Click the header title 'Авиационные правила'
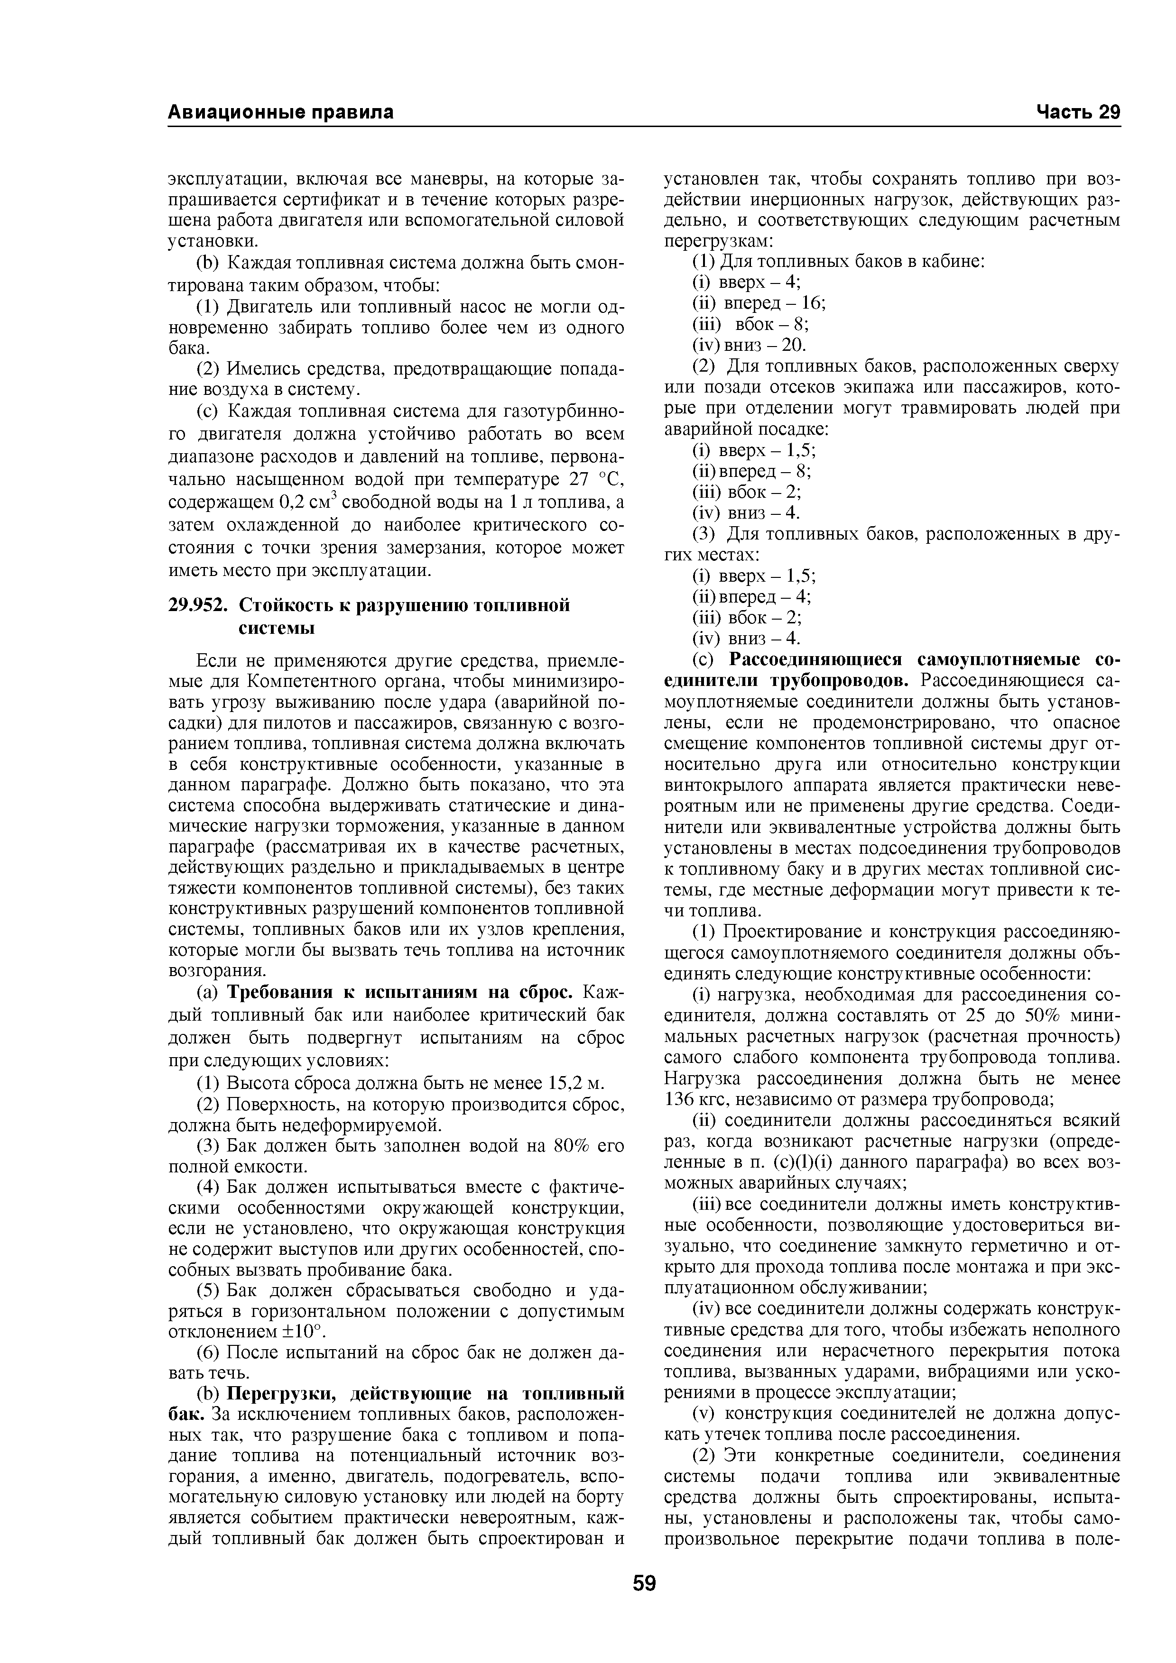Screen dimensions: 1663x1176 click(281, 112)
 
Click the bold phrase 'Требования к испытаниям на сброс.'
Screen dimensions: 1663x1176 click(402, 991)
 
